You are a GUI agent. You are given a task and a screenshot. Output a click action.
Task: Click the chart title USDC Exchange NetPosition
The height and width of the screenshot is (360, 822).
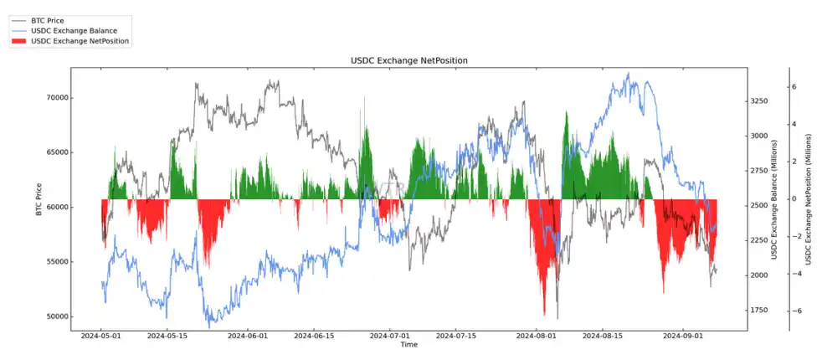click(x=408, y=60)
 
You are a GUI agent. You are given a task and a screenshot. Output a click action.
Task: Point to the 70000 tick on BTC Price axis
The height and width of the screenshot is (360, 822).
click(x=56, y=98)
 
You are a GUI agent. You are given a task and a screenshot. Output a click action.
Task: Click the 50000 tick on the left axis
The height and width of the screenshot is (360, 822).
click(x=56, y=316)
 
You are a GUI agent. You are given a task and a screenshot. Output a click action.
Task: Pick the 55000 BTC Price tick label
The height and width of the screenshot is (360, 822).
click(x=56, y=262)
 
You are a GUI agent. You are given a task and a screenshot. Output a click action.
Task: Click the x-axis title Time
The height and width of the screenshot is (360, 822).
click(x=408, y=345)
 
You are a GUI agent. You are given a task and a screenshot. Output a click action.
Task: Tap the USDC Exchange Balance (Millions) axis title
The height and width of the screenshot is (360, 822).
click(x=763, y=200)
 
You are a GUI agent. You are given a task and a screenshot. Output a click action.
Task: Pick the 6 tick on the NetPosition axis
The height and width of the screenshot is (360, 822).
click(x=793, y=87)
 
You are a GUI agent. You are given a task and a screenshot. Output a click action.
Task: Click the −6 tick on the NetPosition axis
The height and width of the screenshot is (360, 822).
click(x=791, y=311)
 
